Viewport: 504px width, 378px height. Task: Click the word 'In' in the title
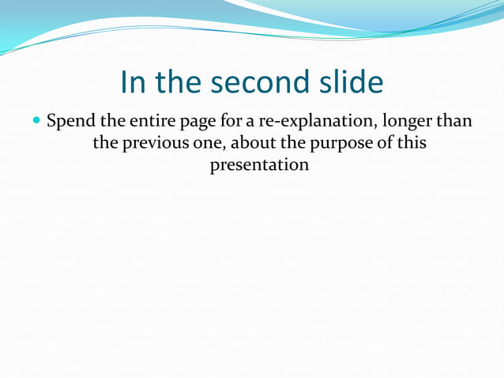[133, 82]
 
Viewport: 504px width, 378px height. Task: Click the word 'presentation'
[259, 166]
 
